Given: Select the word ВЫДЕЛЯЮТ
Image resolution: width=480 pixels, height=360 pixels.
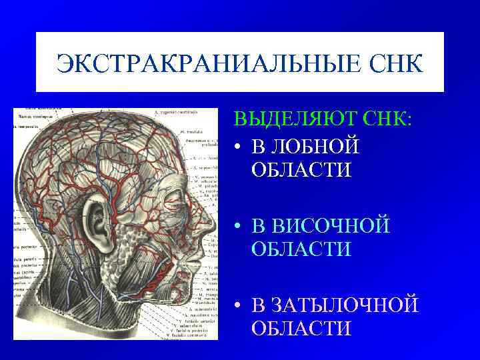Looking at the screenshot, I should (x=293, y=121).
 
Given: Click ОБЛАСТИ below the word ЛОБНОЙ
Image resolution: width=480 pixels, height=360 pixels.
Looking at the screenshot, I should (x=301, y=169).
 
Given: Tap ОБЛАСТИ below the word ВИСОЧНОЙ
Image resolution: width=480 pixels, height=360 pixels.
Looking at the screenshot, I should (x=301, y=249).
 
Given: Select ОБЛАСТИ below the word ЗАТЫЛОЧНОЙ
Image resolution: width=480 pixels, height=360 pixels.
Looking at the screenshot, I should (x=301, y=329).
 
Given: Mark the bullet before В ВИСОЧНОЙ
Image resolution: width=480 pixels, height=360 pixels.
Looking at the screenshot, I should (x=237, y=226).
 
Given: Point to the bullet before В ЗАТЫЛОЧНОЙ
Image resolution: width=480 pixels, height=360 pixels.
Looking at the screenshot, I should (x=237, y=306).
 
